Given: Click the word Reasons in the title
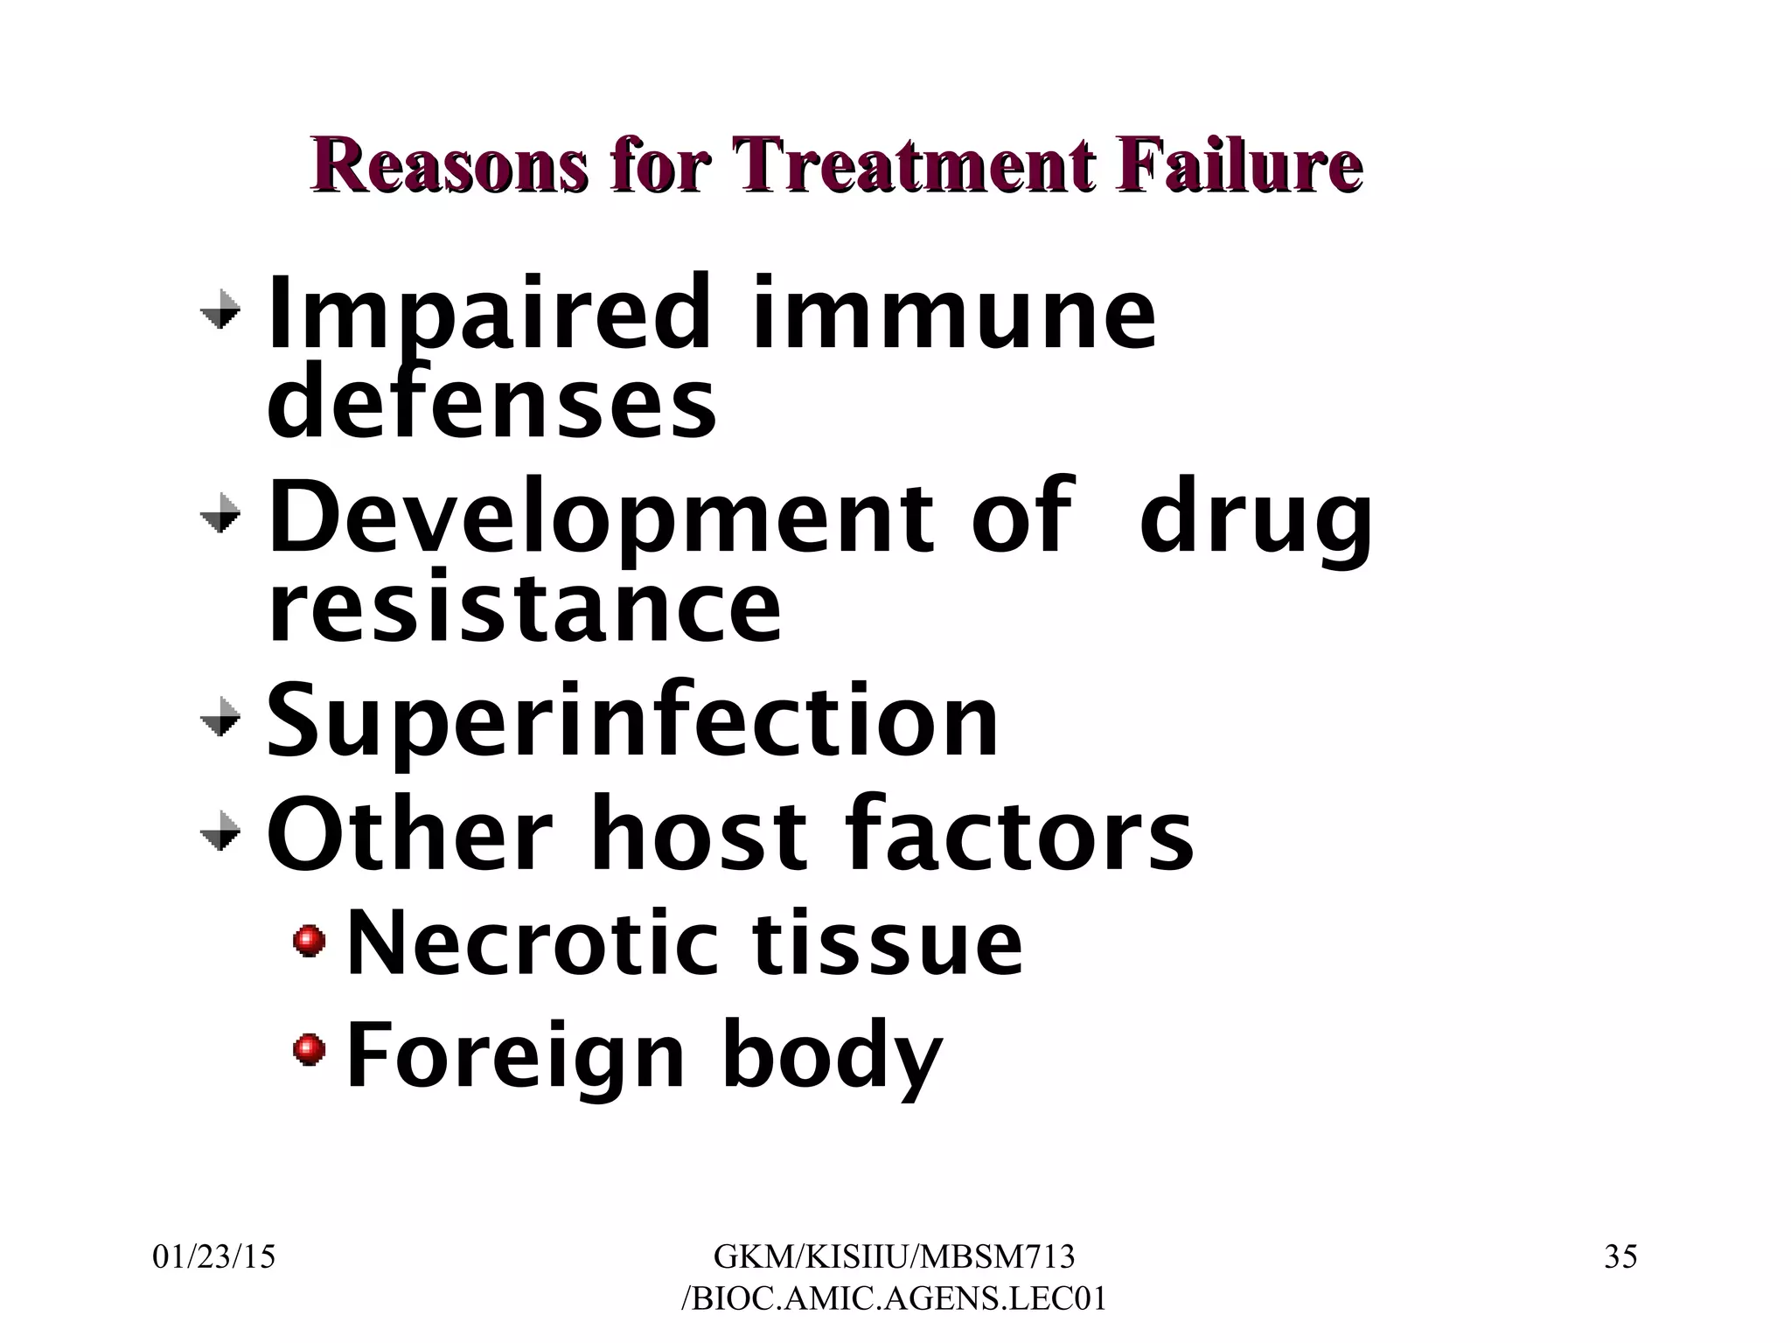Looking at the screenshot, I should pos(447,164).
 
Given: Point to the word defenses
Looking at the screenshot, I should pos(491,403).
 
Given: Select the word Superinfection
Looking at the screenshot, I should pos(631,722).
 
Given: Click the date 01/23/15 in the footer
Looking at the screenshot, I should pos(214,1257).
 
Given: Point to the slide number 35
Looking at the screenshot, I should pos(1620,1257).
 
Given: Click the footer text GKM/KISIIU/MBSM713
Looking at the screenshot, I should pos(894,1257).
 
